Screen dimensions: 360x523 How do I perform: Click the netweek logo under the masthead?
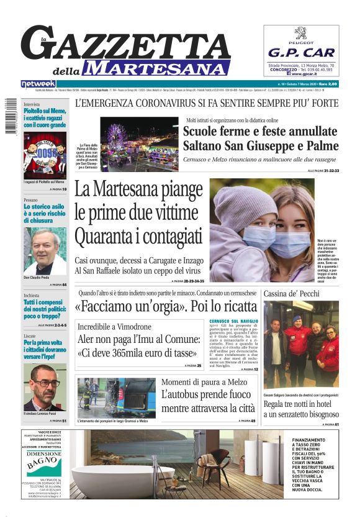pyautogui.click(x=38, y=84)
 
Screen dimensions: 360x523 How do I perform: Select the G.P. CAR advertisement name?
pyautogui.click(x=300, y=53)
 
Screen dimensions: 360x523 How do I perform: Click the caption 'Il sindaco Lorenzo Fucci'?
pyautogui.click(x=45, y=413)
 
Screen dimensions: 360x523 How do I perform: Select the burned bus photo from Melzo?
pyautogui.click(x=116, y=398)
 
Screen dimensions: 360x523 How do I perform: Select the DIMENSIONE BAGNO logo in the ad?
pyautogui.click(x=44, y=460)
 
